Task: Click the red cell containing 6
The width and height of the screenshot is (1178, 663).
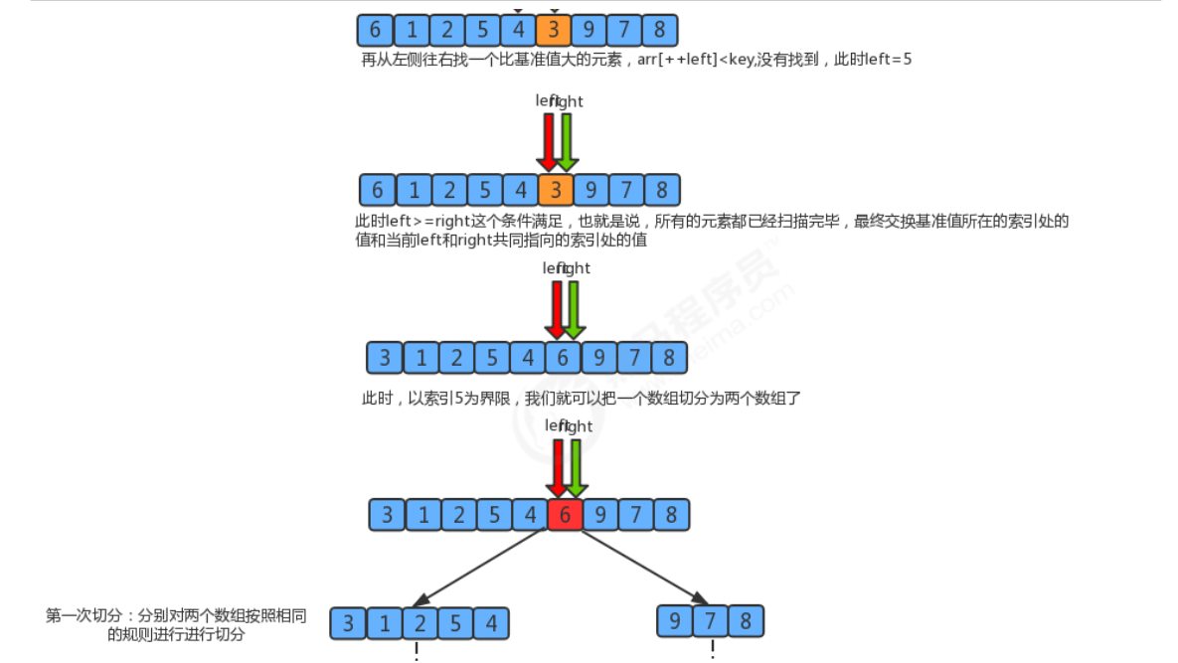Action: (565, 514)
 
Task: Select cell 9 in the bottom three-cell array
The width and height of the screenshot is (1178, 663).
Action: (675, 621)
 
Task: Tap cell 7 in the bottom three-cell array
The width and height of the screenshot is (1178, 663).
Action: (711, 621)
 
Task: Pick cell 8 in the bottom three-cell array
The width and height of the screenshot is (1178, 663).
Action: (746, 621)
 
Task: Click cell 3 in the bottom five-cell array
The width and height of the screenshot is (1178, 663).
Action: (348, 623)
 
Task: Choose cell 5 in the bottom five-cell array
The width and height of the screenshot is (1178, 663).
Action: (455, 623)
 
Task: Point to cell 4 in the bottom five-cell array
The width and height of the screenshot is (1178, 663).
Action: (491, 623)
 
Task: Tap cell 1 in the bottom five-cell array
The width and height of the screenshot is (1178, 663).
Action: (384, 623)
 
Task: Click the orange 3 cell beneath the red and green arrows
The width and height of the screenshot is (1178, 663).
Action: (556, 189)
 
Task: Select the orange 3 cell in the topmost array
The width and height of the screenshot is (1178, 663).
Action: (554, 29)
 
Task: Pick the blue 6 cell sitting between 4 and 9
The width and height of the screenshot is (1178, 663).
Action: (563, 357)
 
